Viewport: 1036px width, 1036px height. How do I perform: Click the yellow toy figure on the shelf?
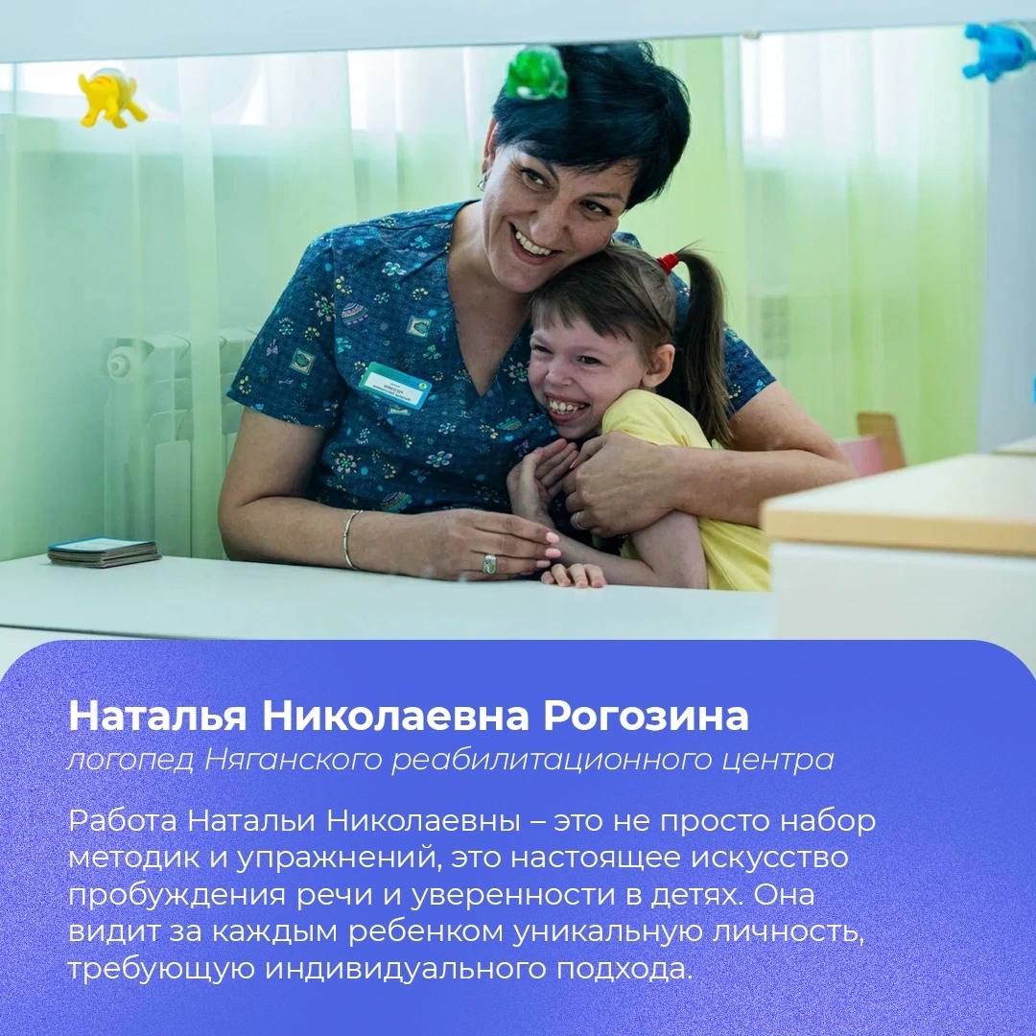110,98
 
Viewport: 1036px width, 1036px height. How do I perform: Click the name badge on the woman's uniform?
394,386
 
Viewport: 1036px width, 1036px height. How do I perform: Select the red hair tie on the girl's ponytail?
668,263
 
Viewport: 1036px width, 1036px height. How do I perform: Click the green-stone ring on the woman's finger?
489,564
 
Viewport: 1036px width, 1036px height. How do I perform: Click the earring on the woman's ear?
483,179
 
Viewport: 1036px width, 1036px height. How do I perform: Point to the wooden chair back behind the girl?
880,440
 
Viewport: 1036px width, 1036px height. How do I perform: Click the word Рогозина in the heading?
646,717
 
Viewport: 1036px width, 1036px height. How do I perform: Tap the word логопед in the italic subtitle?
130,761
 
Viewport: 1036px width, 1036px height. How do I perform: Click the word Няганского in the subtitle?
293,761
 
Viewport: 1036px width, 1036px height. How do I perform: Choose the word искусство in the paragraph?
769,858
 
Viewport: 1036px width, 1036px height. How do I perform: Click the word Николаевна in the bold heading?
394,717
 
